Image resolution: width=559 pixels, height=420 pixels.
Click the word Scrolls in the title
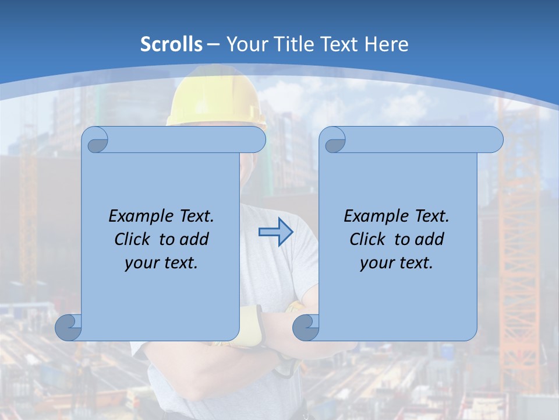(x=172, y=44)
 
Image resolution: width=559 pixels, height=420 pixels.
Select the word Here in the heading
(x=386, y=44)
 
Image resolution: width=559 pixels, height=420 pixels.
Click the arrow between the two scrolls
(x=275, y=233)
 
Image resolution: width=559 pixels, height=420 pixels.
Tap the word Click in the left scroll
(x=133, y=239)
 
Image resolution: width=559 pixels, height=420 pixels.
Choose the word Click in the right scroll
(x=367, y=239)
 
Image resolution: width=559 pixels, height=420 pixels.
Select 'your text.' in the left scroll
(x=161, y=263)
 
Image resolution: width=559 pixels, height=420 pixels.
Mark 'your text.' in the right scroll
(x=396, y=263)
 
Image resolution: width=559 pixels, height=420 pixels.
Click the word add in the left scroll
(x=194, y=239)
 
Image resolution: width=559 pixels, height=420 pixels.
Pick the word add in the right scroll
(x=430, y=239)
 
